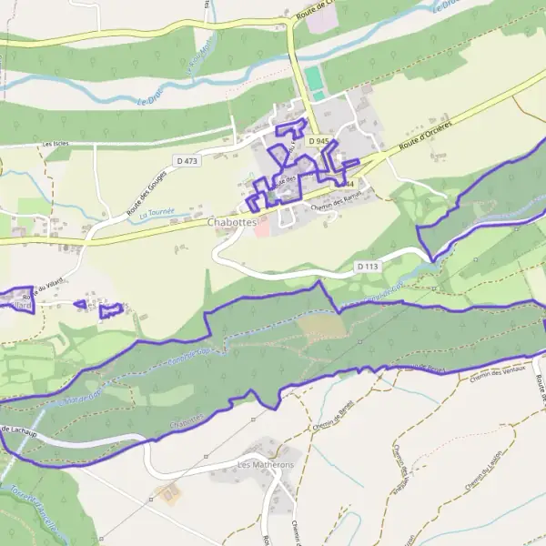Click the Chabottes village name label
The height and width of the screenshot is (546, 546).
[x=233, y=221]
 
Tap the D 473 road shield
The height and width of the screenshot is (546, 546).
[x=187, y=161]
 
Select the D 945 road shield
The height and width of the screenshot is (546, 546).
[x=318, y=142]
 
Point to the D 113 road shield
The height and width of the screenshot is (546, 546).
[x=367, y=266]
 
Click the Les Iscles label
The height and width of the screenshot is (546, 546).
[x=56, y=144]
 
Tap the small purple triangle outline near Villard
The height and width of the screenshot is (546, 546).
[x=80, y=304]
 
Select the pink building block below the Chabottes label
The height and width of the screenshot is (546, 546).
[x=261, y=231]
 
